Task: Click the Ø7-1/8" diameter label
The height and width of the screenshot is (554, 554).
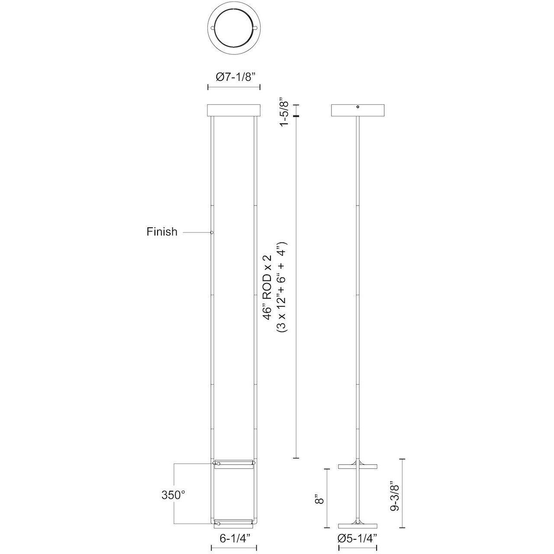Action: tap(234, 76)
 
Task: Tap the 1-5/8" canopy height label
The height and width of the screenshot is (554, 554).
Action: tap(284, 111)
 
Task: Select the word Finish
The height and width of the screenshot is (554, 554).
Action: tap(162, 232)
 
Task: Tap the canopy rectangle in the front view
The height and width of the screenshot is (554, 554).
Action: tap(234, 110)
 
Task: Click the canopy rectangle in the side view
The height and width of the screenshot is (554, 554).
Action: tap(358, 110)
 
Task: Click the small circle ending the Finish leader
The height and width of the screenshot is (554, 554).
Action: tap(212, 233)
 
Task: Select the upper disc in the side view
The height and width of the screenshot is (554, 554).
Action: tap(358, 466)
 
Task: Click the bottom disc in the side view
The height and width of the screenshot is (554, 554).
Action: tap(358, 525)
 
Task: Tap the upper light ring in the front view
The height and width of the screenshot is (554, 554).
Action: tap(234, 464)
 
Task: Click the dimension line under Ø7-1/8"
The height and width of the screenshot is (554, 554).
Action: tap(234, 87)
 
